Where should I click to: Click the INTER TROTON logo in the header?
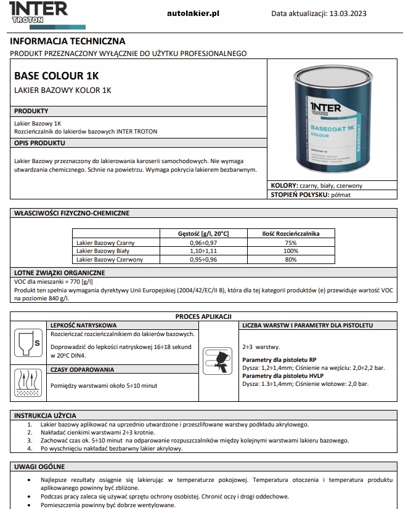pyautogui.click(x=35, y=12)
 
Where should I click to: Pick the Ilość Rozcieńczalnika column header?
pyautogui.click(x=290, y=233)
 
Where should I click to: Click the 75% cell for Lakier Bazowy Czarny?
pyautogui.click(x=290, y=242)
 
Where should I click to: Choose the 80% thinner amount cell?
pyautogui.click(x=290, y=260)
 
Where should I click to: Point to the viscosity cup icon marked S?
pyautogui.click(x=28, y=342)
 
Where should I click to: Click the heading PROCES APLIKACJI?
pyautogui.click(x=203, y=316)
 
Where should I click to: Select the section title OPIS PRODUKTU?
pyautogui.click(x=39, y=142)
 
